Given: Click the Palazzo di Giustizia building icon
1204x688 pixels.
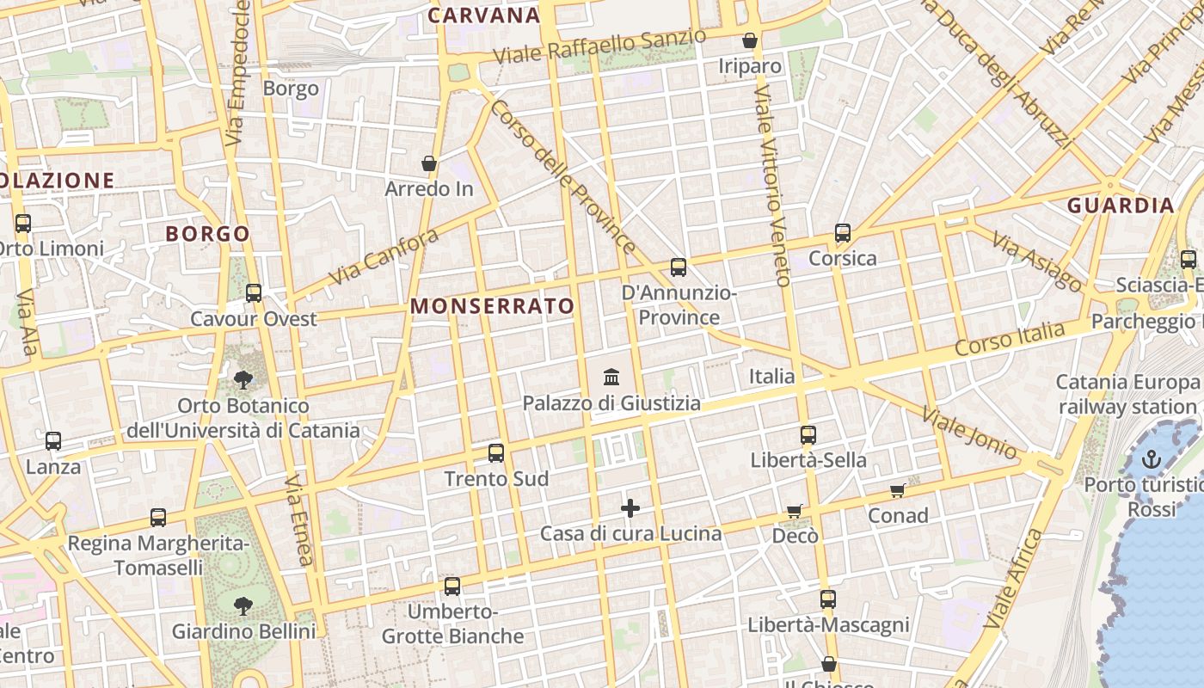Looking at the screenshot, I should click(611, 377).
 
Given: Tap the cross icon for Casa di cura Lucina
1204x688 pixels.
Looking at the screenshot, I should click(630, 508).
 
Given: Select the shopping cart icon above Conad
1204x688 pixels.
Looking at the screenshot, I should click(898, 490).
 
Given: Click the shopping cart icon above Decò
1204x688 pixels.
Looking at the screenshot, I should click(795, 511).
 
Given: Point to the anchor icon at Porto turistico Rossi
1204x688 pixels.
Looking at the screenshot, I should click(1151, 460).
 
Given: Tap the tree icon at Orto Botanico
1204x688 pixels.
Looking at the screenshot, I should click(243, 379).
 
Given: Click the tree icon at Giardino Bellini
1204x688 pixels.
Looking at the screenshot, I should click(243, 605).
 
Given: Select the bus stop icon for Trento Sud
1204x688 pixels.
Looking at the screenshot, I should click(496, 453).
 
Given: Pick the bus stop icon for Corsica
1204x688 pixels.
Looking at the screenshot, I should click(843, 233).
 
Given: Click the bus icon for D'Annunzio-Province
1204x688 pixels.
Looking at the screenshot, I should click(679, 267).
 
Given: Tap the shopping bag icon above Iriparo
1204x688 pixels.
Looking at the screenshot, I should click(750, 40).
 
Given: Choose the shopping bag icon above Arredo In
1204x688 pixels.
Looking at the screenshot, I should click(429, 163).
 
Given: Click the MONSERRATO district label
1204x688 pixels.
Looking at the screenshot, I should click(492, 306).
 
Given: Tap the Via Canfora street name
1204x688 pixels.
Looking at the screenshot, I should click(384, 256).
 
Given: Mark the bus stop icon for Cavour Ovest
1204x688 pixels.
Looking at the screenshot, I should click(254, 293).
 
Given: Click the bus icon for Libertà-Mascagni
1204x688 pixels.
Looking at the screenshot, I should click(828, 599).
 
